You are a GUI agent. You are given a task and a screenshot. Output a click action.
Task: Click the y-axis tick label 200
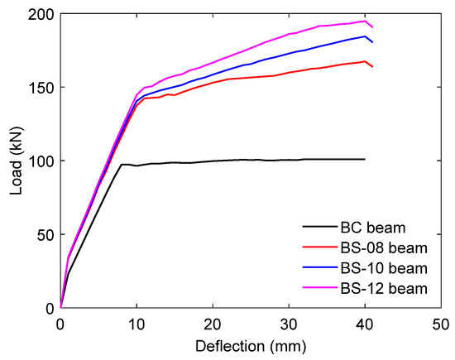pyautogui.click(x=41, y=15)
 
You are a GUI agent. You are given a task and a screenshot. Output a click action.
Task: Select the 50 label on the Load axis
pyautogui.click(x=45, y=234)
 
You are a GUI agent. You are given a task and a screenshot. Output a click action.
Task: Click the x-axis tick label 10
pyautogui.click(x=136, y=325)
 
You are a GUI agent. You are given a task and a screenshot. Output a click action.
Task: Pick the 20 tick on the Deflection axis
pyautogui.click(x=213, y=325)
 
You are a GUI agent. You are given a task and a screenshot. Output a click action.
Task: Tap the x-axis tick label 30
pyautogui.click(x=289, y=325)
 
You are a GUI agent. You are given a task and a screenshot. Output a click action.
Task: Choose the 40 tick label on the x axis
pyautogui.click(x=365, y=325)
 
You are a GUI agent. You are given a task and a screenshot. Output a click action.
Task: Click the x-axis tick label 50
pyautogui.click(x=441, y=325)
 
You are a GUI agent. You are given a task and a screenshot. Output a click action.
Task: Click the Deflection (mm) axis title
pyautogui.click(x=251, y=347)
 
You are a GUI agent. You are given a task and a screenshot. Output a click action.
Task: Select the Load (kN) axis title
pyautogui.click(x=17, y=161)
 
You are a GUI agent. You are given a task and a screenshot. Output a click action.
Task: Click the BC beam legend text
pyautogui.click(x=373, y=228)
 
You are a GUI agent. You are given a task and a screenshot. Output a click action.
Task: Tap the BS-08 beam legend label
pyautogui.click(x=384, y=248)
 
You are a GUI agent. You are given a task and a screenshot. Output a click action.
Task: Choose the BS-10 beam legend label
pyautogui.click(x=384, y=268)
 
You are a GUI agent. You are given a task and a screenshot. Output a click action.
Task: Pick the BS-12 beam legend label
pyautogui.click(x=384, y=289)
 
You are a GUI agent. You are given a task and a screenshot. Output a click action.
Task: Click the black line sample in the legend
pyautogui.click(x=320, y=227)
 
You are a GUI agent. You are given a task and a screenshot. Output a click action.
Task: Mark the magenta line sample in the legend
pyautogui.click(x=320, y=287)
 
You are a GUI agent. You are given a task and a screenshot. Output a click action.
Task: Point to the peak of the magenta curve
pyautogui.click(x=365, y=22)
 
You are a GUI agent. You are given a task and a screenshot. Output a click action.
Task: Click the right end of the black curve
pyautogui.click(x=365, y=159)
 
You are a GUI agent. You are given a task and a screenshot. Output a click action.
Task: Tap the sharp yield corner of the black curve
pyautogui.click(x=122, y=165)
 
